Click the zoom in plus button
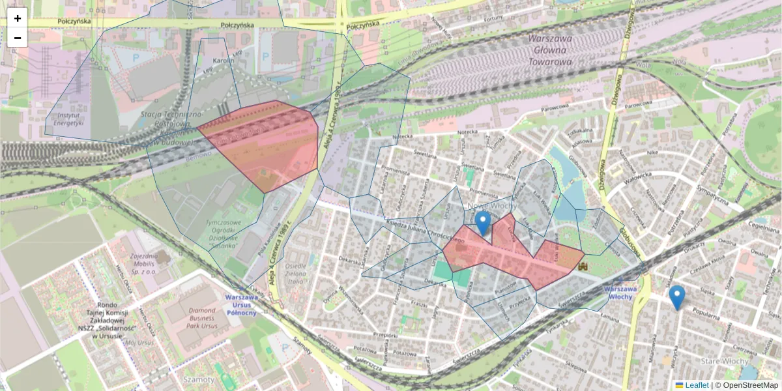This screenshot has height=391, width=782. (x=18, y=18)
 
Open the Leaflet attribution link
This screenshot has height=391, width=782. (x=696, y=385)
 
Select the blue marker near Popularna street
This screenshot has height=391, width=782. (x=677, y=297)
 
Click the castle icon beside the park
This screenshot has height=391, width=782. (x=583, y=267)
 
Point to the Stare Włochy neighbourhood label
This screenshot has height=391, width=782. (x=724, y=360)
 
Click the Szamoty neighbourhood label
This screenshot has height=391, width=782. (x=199, y=379)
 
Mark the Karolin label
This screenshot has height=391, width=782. (x=224, y=61)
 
